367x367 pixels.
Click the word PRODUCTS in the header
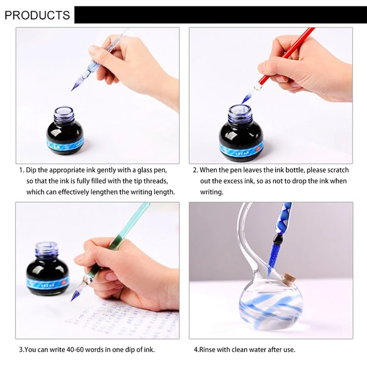(x=37, y=15)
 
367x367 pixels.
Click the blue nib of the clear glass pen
(x=78, y=83)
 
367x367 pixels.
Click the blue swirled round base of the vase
(x=271, y=303)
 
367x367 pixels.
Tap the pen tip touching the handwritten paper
(x=72, y=299)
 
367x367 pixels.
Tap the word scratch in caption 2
(x=338, y=170)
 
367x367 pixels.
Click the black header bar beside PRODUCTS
(x=220, y=15)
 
